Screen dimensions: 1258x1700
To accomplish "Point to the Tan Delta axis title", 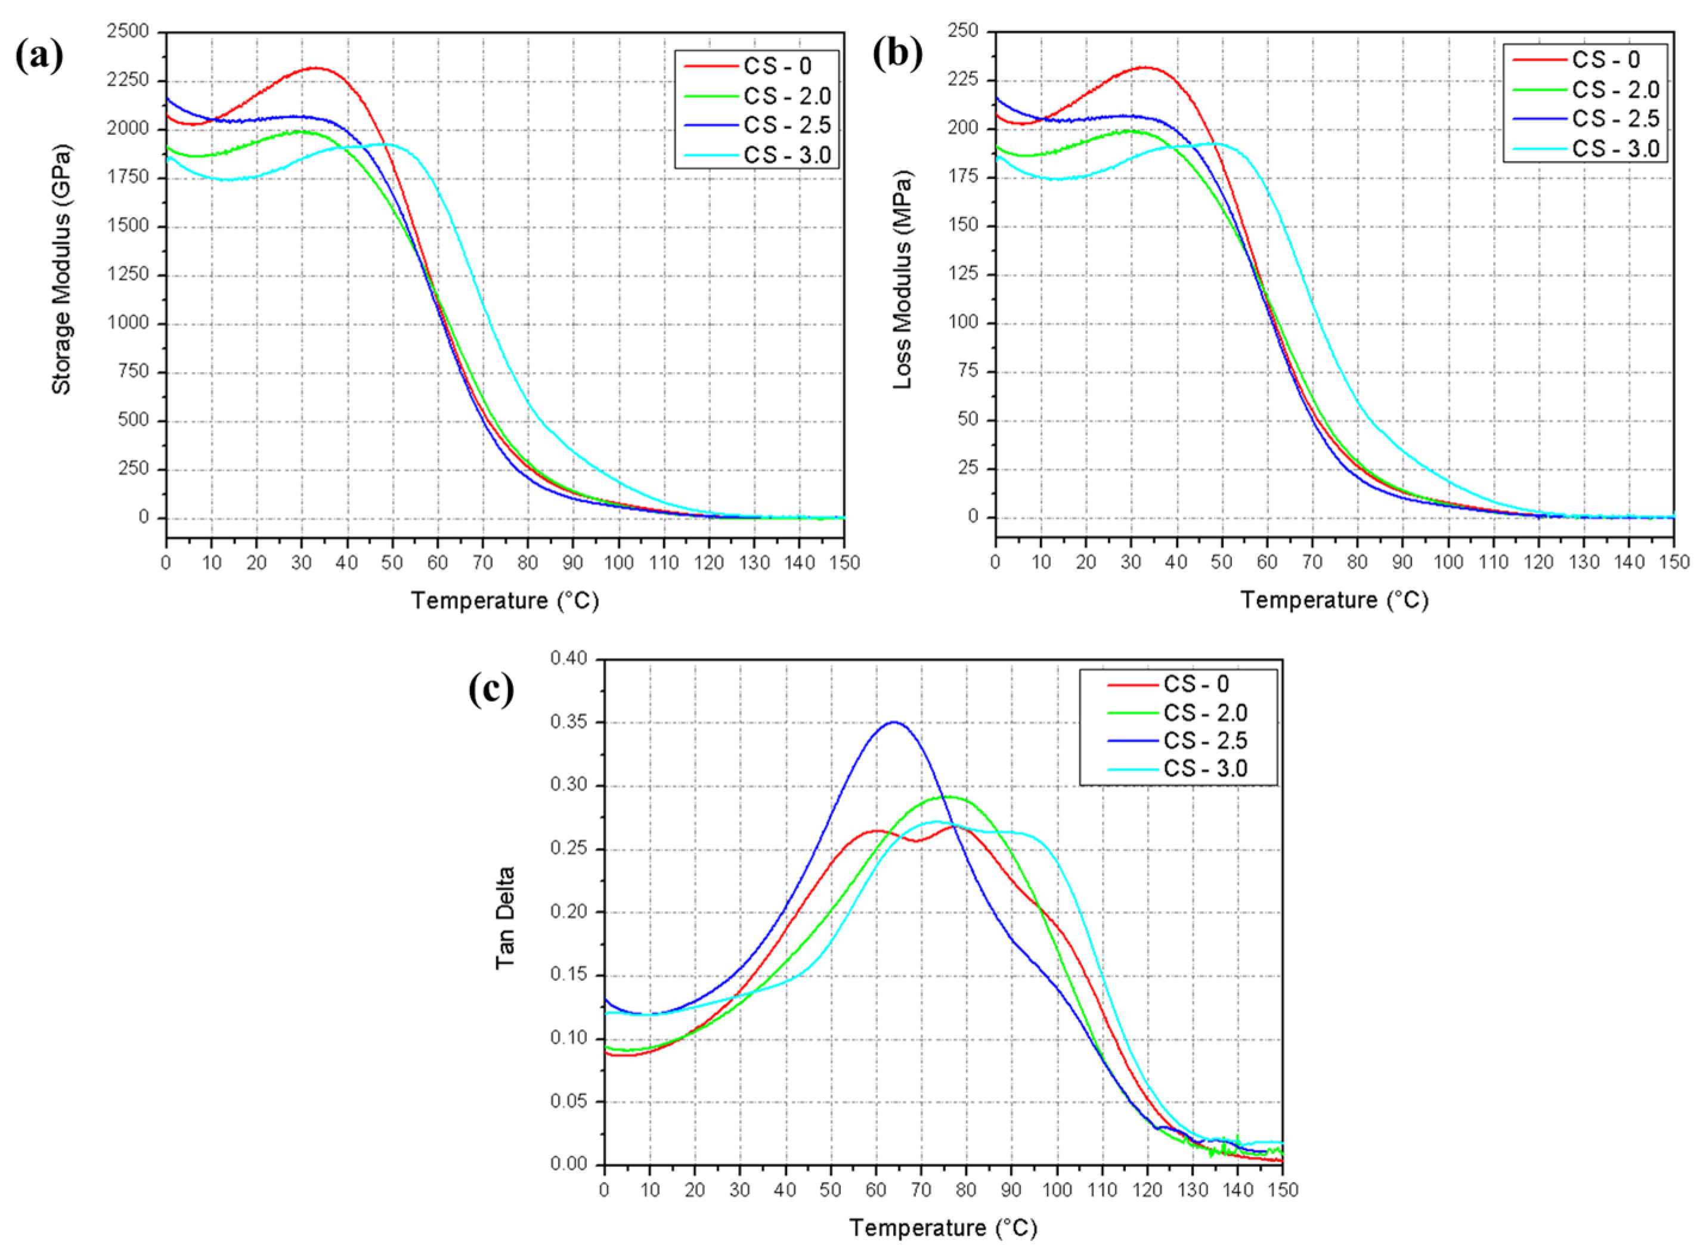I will point(505,918).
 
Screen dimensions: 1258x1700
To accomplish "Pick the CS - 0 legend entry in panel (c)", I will point(1196,684).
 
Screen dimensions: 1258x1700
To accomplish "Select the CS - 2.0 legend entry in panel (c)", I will point(1205,712).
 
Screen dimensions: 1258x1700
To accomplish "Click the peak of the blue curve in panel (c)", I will point(894,722).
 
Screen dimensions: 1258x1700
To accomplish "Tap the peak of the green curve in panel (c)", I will point(947,797).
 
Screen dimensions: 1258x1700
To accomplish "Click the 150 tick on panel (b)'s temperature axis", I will point(1673,562).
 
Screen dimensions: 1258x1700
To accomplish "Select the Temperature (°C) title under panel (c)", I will point(943,1228).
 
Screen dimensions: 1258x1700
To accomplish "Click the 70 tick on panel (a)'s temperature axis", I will point(482,563).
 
